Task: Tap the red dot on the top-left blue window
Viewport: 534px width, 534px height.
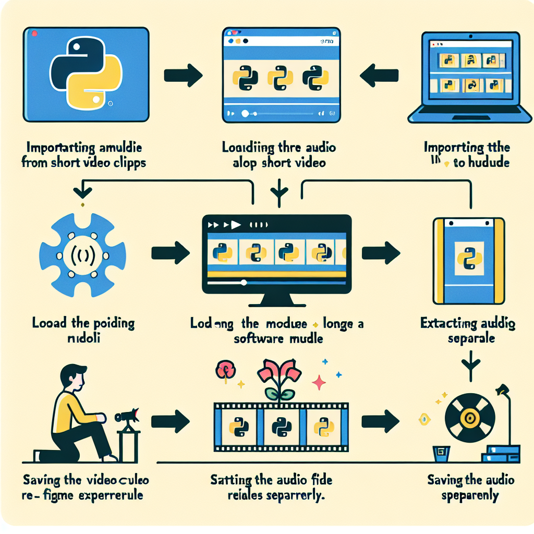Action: pyautogui.click(x=34, y=33)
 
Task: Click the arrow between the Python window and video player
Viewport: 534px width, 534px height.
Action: pyautogui.click(x=183, y=76)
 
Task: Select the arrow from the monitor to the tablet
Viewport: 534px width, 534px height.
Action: pyautogui.click(x=380, y=253)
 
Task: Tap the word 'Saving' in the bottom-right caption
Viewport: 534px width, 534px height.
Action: pyautogui.click(x=446, y=480)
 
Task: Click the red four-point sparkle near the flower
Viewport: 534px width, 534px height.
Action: pyautogui.click(x=318, y=384)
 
